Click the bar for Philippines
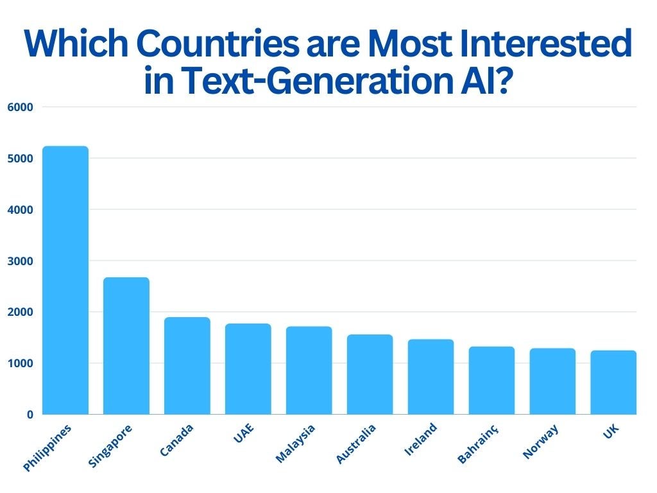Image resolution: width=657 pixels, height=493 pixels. pos(66,280)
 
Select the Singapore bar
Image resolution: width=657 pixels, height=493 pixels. pos(126,346)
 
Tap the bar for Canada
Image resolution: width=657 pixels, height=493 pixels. pos(187,365)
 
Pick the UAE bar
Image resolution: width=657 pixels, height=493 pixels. pos(248,369)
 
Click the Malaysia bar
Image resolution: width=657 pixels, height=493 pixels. pos(309,370)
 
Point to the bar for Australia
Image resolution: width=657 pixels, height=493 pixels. pos(370,374)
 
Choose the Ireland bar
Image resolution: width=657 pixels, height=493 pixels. pos(431,377)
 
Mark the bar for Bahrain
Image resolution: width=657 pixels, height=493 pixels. pos(492,380)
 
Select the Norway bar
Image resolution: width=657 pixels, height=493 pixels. pos(552,381)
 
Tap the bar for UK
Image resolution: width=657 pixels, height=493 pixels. pos(613,383)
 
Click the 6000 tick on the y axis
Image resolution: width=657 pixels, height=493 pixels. pos(20,107)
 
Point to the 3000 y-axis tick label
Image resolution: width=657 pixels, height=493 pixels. pos(20,261)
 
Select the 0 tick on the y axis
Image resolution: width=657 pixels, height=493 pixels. pos(30,415)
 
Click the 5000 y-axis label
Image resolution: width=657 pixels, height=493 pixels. pos(20,159)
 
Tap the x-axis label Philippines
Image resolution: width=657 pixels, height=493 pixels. pos(47,447)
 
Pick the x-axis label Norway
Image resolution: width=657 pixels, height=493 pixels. pos(540,442)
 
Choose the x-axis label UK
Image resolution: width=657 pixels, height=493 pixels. pos(611,431)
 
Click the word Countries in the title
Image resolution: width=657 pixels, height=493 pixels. pos(218,43)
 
